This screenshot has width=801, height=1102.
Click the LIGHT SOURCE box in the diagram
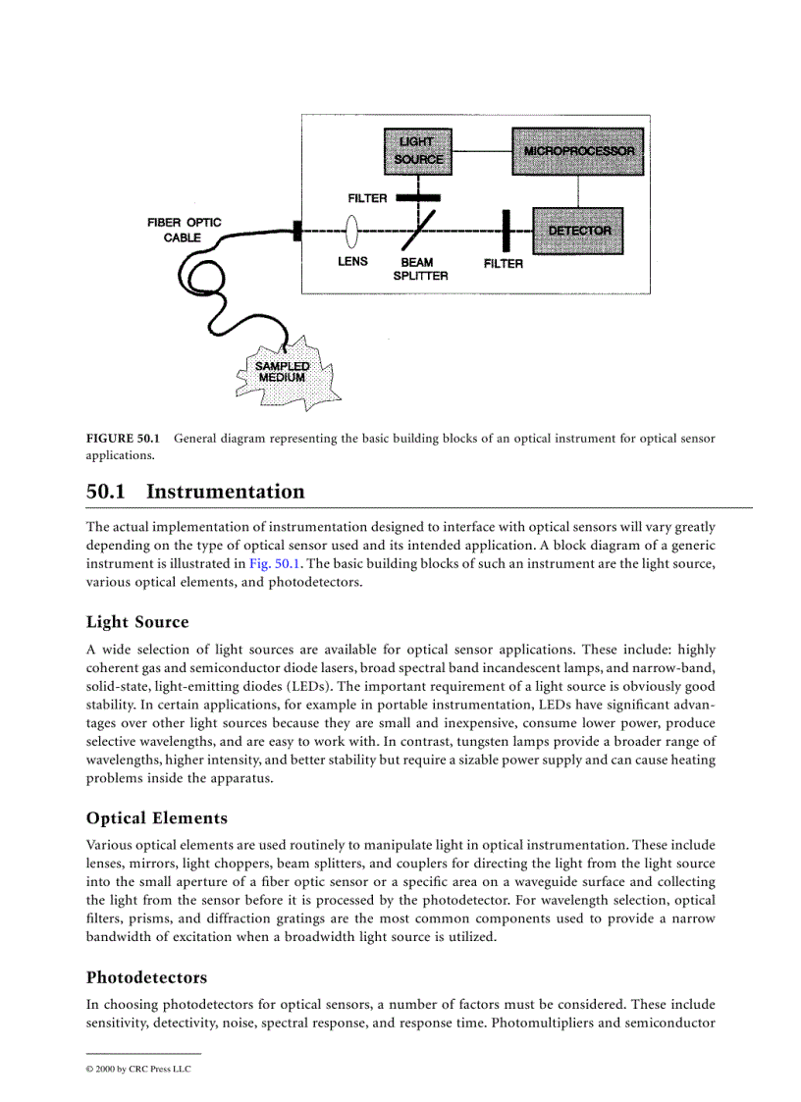tap(418, 150)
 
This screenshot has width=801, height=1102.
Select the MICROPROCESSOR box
tap(578, 151)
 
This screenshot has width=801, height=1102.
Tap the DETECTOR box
tap(578, 231)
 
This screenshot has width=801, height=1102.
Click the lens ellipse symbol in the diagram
tap(351, 233)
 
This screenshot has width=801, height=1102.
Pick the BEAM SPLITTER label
tap(419, 269)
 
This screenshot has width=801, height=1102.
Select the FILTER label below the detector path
tap(503, 264)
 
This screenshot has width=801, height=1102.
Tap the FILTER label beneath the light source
tap(367, 198)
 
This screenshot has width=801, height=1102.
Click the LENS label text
tap(352, 262)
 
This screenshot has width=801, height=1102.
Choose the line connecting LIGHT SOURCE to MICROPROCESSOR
tap(483, 151)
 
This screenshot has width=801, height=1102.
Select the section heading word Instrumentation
tap(225, 492)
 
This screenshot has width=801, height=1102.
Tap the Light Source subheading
tap(137, 622)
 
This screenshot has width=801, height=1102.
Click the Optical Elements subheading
tap(156, 817)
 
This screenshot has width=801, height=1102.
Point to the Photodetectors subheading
tap(146, 977)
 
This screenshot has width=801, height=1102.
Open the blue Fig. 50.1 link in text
tap(274, 563)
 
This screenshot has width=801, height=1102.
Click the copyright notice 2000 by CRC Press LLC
tap(138, 1069)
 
